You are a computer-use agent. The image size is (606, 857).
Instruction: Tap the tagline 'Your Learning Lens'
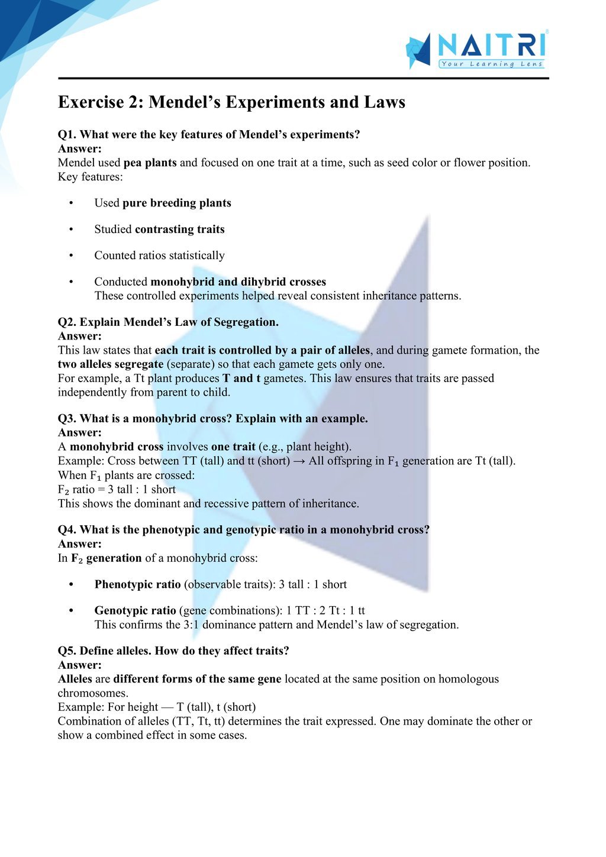pyautogui.click(x=491, y=64)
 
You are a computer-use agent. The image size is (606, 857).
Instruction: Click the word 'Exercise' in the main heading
pyautogui.click(x=91, y=102)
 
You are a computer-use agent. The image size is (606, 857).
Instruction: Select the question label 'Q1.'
pyautogui.click(x=67, y=135)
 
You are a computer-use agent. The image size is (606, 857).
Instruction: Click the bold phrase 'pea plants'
pyautogui.click(x=150, y=163)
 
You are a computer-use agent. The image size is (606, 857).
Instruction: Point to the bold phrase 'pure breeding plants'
pyautogui.click(x=176, y=203)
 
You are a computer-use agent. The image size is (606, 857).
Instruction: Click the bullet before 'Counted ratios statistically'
pyautogui.click(x=71, y=256)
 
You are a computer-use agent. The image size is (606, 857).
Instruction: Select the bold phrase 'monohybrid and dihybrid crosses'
pyautogui.click(x=238, y=282)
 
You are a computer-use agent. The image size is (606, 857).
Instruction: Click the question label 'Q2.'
pyautogui.click(x=67, y=322)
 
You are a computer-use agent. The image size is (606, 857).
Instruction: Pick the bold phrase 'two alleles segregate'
pyautogui.click(x=110, y=364)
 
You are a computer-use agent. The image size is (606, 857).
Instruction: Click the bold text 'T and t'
pyautogui.click(x=241, y=379)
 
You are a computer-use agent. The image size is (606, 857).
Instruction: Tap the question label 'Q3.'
pyautogui.click(x=67, y=419)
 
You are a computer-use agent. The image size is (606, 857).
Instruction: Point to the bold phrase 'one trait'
pyautogui.click(x=233, y=447)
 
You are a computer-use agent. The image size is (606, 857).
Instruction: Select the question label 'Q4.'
pyautogui.click(x=67, y=530)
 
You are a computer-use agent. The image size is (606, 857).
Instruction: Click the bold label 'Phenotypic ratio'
pyautogui.click(x=137, y=584)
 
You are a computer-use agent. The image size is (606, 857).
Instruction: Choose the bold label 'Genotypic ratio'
pyautogui.click(x=135, y=610)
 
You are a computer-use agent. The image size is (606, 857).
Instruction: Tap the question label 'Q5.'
pyautogui.click(x=67, y=651)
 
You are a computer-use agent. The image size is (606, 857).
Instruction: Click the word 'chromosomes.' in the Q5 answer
pyautogui.click(x=93, y=693)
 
